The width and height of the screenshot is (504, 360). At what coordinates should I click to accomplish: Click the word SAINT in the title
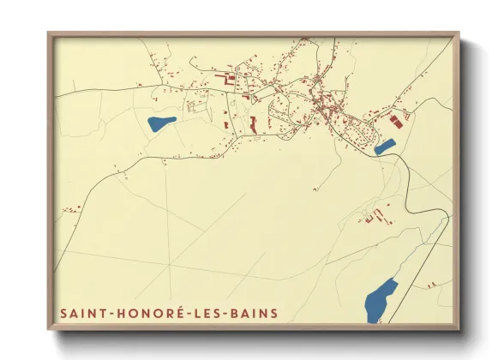(x=81, y=314)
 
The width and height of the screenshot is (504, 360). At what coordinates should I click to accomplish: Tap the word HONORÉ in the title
(x=143, y=314)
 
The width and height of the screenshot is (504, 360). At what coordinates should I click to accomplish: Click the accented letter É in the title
(x=175, y=313)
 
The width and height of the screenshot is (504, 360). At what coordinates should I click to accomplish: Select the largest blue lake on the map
(x=381, y=300)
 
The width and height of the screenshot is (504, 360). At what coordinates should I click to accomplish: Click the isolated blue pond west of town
(x=161, y=123)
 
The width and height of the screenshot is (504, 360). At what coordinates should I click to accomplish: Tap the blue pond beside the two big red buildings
(x=385, y=147)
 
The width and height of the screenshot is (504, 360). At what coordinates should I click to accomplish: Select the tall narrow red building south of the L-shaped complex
(x=254, y=123)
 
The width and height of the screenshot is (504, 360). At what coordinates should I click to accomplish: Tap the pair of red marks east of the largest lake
(x=434, y=283)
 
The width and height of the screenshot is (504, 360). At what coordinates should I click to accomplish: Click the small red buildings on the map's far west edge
(x=70, y=208)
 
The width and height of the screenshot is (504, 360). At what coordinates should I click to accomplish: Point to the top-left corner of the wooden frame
(x=48, y=33)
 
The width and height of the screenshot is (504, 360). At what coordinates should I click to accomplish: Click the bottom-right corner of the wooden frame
(x=459, y=330)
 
